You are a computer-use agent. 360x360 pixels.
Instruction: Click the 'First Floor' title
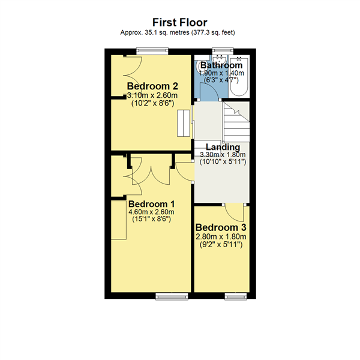[179, 22]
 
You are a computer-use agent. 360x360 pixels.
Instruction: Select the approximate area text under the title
[179, 33]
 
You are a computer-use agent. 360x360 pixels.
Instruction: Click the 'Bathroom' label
[221, 65]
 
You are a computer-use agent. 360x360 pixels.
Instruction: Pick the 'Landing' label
[223, 147]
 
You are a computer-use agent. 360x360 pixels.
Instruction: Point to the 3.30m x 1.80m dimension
[223, 155]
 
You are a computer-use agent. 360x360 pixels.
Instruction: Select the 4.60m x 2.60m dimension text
[151, 212]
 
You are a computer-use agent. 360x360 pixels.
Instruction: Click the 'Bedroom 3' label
[221, 228]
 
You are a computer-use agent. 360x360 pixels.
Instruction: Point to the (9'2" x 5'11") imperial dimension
[221, 245]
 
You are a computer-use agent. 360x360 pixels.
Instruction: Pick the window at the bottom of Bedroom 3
[233, 295]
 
